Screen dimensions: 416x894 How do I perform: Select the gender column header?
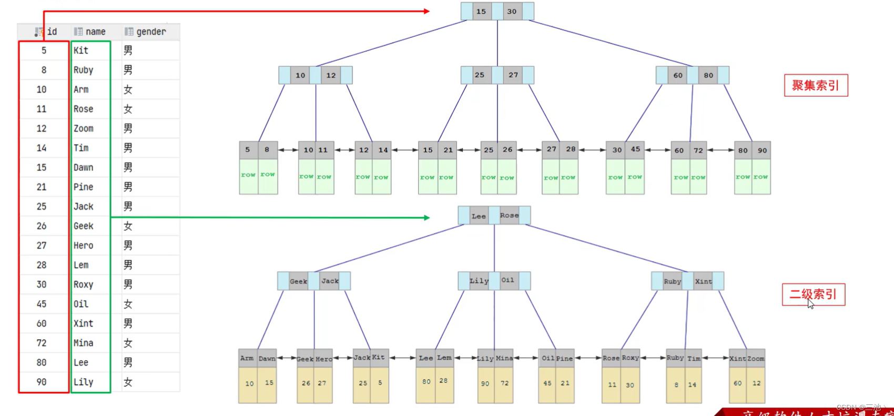150,32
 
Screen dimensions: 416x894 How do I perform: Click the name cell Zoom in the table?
83,128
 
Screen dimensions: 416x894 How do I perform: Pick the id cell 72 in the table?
42,343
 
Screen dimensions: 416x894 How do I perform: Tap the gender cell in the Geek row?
128,226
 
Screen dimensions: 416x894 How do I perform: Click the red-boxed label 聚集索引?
816,85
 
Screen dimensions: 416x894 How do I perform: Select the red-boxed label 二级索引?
813,294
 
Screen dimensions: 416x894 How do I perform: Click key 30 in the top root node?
512,12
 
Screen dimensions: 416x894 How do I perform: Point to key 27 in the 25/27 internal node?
513,75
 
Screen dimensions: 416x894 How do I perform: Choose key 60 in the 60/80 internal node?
678,75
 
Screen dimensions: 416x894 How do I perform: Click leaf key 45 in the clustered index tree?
635,149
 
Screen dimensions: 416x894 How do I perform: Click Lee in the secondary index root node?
479,216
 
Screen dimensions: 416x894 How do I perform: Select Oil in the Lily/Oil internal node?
507,280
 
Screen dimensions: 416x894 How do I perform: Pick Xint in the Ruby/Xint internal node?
703,281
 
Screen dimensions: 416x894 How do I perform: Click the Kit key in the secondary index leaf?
379,358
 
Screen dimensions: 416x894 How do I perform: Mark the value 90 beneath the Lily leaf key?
485,383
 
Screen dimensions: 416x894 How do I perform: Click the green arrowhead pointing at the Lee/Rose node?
426,217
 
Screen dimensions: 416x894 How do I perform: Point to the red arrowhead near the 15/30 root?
426,11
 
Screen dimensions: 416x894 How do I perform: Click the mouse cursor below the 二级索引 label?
810,304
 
